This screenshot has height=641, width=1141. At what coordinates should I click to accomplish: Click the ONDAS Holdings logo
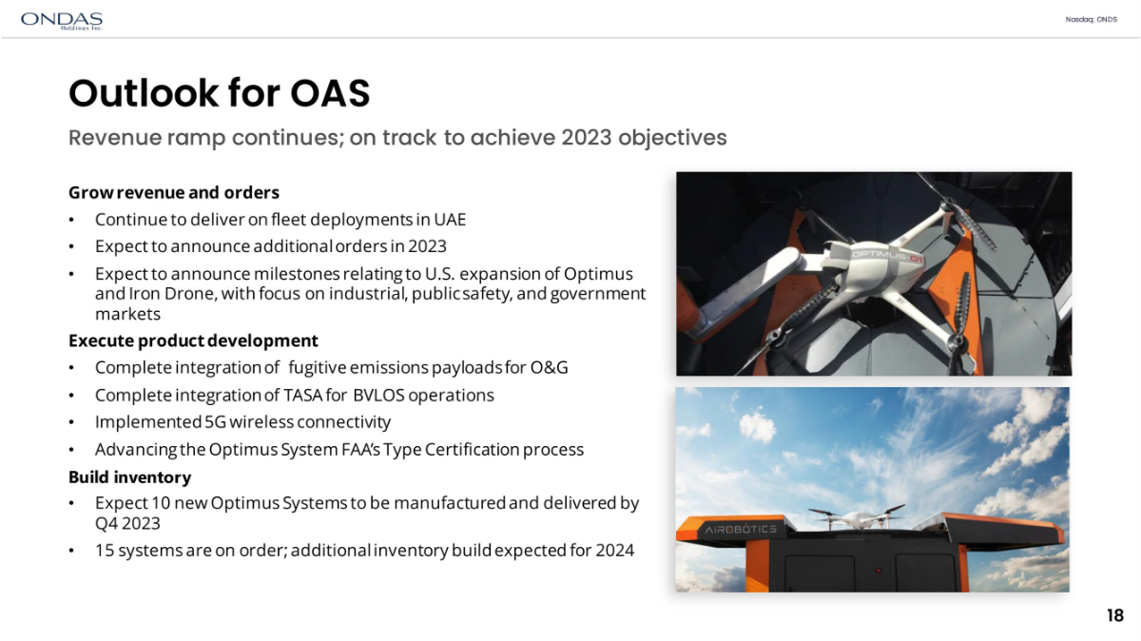pyautogui.click(x=62, y=21)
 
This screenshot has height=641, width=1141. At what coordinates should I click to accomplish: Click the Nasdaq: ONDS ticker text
pyautogui.click(x=1092, y=19)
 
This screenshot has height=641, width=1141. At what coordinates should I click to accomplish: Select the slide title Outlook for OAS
pyautogui.click(x=219, y=93)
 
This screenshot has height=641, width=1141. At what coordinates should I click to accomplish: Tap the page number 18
pyautogui.click(x=1115, y=615)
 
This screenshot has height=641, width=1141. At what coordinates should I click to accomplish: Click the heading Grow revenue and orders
pyautogui.click(x=174, y=193)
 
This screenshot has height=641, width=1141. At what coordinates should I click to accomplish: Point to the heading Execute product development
pyautogui.click(x=193, y=340)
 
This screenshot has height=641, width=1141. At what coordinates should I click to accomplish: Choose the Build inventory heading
pyautogui.click(x=130, y=476)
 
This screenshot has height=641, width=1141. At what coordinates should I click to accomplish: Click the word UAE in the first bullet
pyautogui.click(x=450, y=220)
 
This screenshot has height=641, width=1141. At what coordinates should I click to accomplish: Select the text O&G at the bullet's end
pyautogui.click(x=550, y=367)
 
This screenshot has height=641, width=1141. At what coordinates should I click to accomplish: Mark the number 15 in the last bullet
pyautogui.click(x=105, y=551)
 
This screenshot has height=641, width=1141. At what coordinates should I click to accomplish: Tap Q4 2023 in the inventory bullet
pyautogui.click(x=127, y=523)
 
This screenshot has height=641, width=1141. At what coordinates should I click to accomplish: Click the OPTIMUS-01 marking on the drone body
pyautogui.click(x=887, y=256)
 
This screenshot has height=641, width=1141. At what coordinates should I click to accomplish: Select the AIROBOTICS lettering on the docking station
pyautogui.click(x=741, y=530)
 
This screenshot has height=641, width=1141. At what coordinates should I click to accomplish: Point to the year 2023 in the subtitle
pyautogui.click(x=587, y=138)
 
